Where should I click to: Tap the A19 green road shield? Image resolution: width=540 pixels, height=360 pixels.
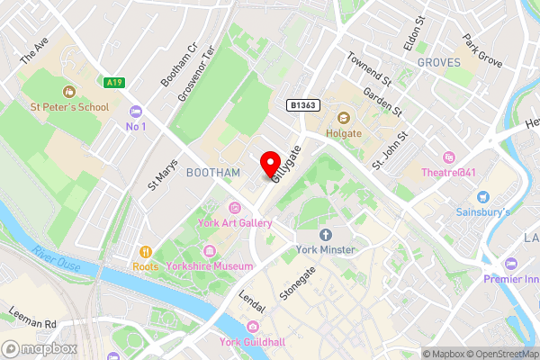point(113,83)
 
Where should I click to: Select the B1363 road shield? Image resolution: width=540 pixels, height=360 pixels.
point(303,105)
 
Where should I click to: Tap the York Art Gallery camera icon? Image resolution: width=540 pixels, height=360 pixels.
point(236,207)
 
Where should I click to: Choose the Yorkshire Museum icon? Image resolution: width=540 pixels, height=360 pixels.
point(210,250)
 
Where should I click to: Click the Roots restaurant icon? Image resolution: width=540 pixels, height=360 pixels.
point(145,251)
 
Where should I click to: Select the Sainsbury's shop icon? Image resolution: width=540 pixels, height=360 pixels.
point(482,196)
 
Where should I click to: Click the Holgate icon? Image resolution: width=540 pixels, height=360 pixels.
point(342,117)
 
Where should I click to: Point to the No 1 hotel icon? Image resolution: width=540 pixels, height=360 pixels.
point(136,111)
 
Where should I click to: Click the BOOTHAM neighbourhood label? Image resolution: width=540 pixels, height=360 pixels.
point(212,172)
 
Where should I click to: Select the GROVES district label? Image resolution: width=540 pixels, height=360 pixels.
point(438,63)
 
